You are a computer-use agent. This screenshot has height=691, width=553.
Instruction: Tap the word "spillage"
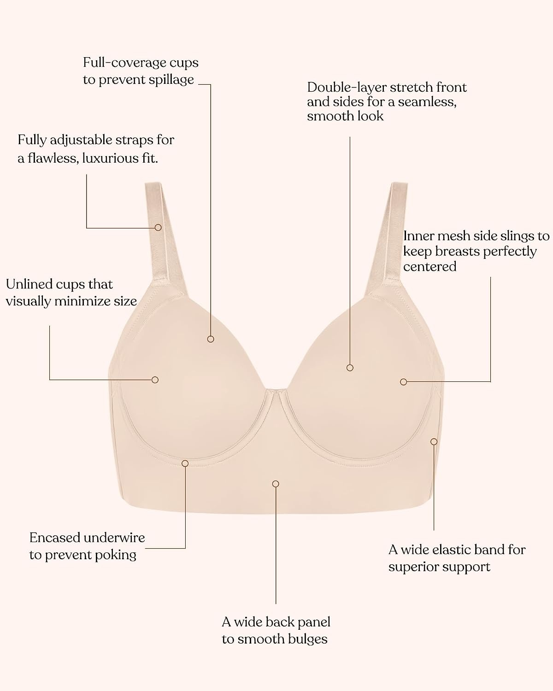coord(171,80)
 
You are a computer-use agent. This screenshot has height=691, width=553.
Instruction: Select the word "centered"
coord(429,267)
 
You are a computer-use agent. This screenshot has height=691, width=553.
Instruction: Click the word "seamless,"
coord(427,102)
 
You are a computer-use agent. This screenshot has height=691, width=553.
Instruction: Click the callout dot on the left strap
coord(158,227)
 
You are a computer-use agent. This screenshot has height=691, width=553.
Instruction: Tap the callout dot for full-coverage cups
coord(211,339)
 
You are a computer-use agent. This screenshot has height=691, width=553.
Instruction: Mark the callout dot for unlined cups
coord(155,380)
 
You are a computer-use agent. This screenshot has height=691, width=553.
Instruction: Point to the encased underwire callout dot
coord(185,463)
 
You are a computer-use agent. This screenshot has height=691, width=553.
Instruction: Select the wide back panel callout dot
coord(276,484)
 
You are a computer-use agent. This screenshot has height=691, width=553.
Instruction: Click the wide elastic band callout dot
coord(434,442)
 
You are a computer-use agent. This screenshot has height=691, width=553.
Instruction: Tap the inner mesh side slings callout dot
coord(404,382)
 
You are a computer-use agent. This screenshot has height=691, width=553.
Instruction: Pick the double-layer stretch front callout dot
coord(350,368)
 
